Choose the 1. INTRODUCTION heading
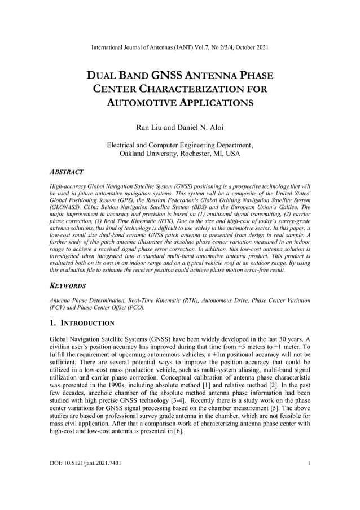point(82,324)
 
